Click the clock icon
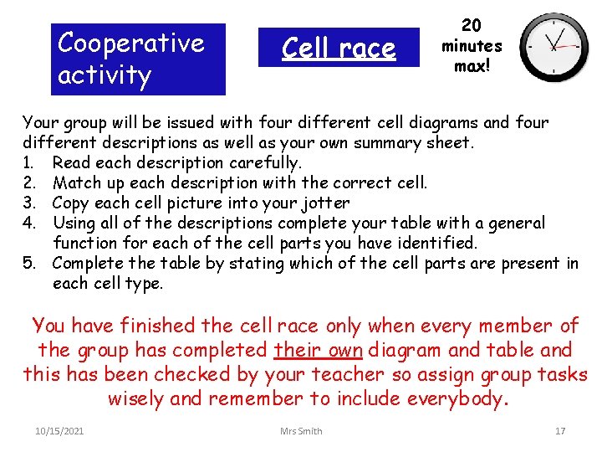[x=554, y=46]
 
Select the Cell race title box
[x=339, y=48]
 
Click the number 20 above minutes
[x=472, y=26]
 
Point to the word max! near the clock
[x=472, y=65]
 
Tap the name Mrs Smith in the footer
[x=301, y=431]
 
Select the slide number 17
[x=560, y=431]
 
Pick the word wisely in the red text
[x=137, y=398]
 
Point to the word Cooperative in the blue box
[x=131, y=43]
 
